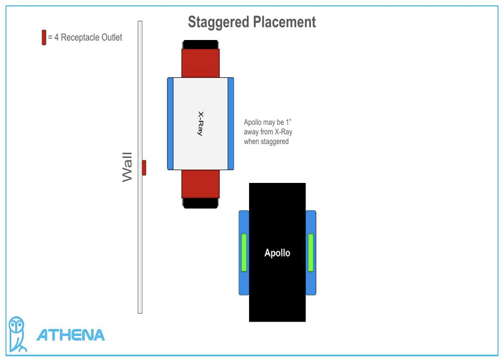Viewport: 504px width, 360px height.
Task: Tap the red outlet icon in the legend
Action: coord(44,37)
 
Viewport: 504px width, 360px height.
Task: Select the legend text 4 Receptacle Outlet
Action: coord(88,37)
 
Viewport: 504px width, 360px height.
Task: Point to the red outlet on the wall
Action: coord(144,167)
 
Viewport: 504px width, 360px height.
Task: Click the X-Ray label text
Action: coord(200,123)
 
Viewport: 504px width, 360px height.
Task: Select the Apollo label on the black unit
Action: coord(277,253)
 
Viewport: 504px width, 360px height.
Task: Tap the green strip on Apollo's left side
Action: coord(244,252)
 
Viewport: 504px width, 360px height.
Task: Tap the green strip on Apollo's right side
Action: coord(311,252)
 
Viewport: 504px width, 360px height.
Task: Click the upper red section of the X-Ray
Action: coord(201,63)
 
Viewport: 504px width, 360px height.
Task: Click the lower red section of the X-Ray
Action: coord(201,183)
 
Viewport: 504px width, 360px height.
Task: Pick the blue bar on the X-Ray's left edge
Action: coord(171,123)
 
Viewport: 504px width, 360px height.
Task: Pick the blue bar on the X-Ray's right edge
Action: coord(231,123)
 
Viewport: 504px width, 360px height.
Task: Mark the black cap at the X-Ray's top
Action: coord(201,44)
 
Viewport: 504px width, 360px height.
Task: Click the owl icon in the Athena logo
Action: coord(18,333)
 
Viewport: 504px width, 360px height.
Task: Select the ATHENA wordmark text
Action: coord(70,335)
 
